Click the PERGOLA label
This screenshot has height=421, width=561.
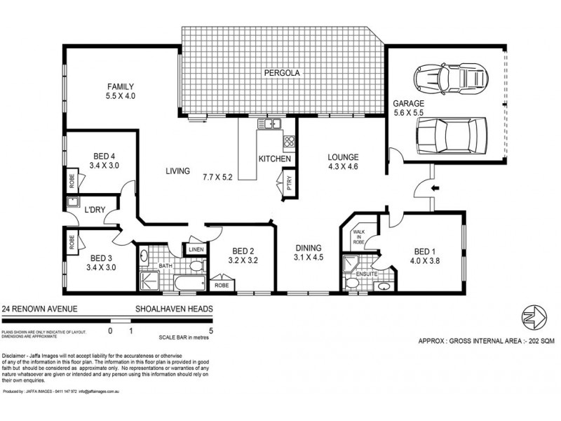282,72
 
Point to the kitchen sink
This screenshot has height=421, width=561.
269,124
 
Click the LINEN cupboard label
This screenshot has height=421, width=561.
194,250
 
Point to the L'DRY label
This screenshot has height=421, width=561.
95,209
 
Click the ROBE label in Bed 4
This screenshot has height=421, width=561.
72,180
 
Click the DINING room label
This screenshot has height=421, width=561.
309,248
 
